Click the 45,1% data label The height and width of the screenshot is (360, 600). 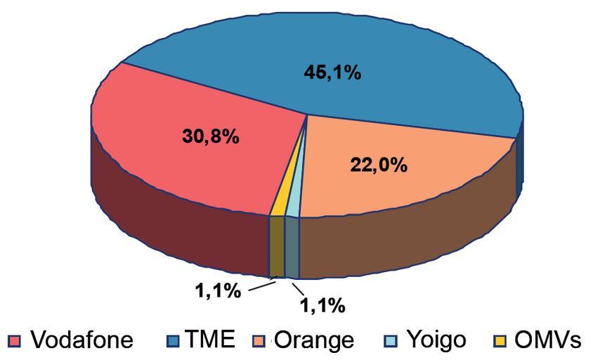(332, 72)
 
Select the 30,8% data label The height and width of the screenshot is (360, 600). (210, 136)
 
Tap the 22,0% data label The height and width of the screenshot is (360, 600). (378, 165)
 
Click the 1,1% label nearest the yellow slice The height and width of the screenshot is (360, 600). (218, 290)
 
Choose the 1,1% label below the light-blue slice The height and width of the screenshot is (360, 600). (322, 305)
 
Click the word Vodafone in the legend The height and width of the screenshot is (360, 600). (81, 340)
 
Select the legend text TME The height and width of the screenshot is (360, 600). (210, 340)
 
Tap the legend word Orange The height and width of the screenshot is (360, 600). (313, 340)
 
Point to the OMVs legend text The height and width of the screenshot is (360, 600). (547, 340)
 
